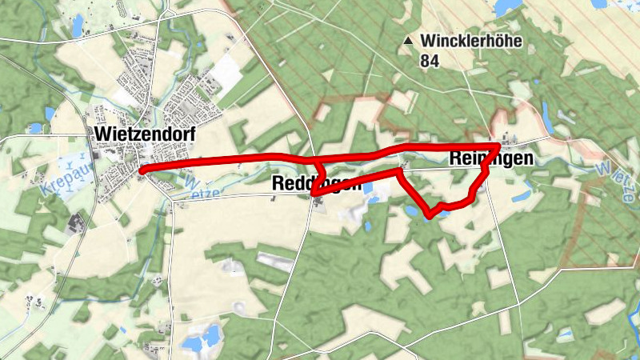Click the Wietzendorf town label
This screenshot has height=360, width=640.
tap(145, 134)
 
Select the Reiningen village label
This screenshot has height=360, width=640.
tap(491, 159)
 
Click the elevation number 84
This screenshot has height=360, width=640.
tap(430, 59)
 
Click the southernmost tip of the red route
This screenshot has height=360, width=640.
tap(431, 216)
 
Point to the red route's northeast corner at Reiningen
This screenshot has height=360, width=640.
tap(500, 145)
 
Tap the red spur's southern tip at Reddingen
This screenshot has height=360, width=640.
tap(314, 194)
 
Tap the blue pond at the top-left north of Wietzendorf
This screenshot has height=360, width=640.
tap(78, 28)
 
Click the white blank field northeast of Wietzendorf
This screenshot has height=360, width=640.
tap(227, 73)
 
